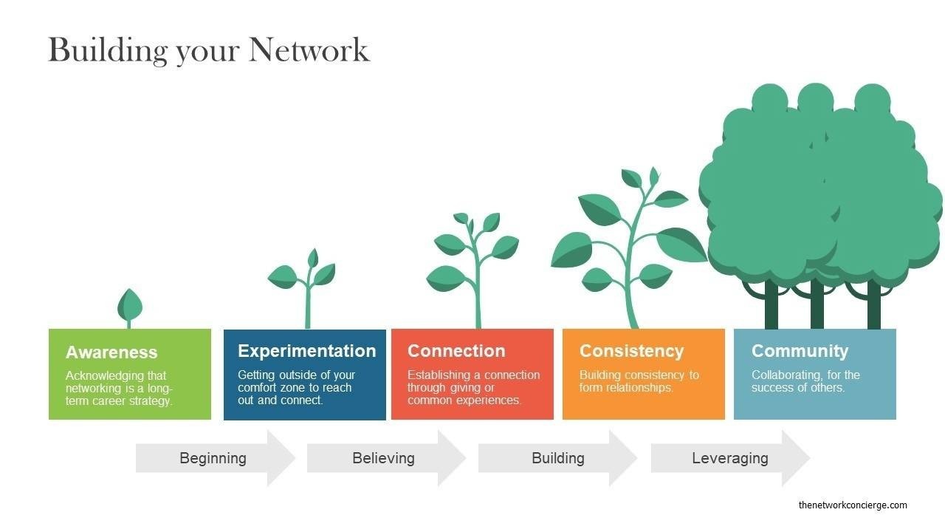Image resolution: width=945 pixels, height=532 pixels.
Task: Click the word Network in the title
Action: [x=309, y=50]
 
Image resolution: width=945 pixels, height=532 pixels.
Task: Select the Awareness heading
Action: [x=111, y=352]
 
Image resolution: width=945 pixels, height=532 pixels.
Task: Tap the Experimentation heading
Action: [x=306, y=351]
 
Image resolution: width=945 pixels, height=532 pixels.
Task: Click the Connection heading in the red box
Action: [x=456, y=351]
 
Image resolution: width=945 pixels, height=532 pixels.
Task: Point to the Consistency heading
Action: [x=631, y=351]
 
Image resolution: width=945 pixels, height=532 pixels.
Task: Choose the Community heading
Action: [x=800, y=351]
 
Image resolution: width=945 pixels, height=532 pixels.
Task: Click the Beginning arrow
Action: [x=214, y=458]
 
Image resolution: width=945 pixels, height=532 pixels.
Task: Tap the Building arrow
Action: [x=557, y=458]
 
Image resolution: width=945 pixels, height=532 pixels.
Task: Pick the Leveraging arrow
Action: [x=729, y=458]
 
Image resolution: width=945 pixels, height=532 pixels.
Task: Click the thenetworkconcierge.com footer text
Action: [x=853, y=505]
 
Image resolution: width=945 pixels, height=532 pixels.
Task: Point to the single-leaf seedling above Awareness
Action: [x=129, y=305]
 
